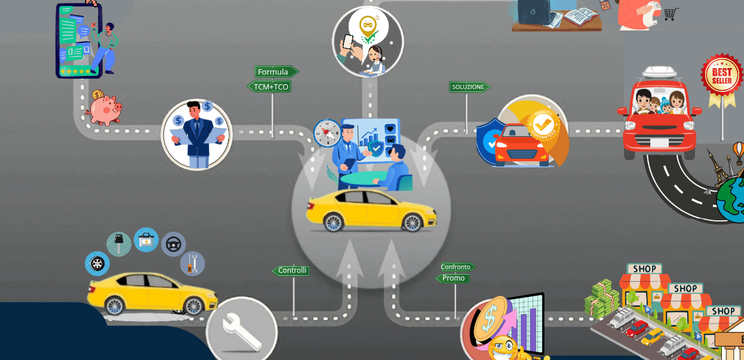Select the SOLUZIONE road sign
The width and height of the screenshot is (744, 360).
pyautogui.click(x=469, y=87)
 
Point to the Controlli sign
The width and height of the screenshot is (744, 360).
pyautogui.click(x=292, y=270)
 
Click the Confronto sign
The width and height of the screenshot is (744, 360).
pyautogui.click(x=457, y=267)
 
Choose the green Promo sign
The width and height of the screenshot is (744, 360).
pyautogui.click(x=454, y=278)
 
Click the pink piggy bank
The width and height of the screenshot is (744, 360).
pyautogui.click(x=104, y=109)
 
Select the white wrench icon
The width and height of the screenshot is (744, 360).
pyautogui.click(x=241, y=330)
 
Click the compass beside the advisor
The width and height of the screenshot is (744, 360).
pyautogui.click(x=327, y=132)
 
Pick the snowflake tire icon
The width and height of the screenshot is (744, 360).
pyautogui.click(x=97, y=263)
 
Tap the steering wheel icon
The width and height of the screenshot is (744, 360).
pyautogui.click(x=173, y=244)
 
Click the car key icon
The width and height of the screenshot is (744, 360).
pyautogui.click(x=119, y=244)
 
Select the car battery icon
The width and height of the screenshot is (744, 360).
pyautogui.click(x=146, y=240)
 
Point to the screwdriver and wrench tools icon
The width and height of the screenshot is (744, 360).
pyautogui.click(x=192, y=263)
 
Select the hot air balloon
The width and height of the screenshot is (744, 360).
pyautogui.click(x=739, y=152)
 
